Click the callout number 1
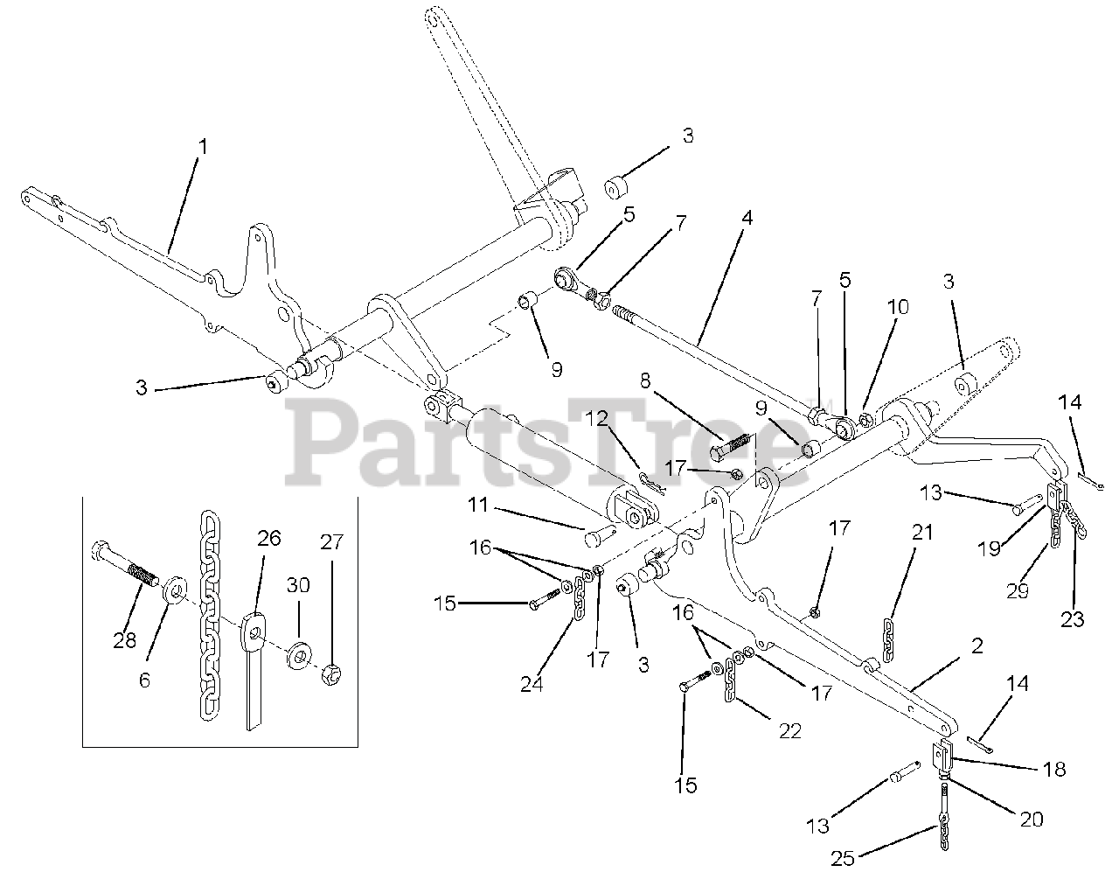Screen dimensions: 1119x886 [x=203, y=147]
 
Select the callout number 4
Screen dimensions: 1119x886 [x=747, y=218]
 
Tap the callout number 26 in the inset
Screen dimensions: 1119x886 [x=269, y=539]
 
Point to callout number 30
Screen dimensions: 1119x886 [x=298, y=586]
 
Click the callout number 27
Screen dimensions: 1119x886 [x=331, y=542]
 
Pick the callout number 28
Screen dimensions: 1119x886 [x=125, y=640]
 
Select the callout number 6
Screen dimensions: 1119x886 [x=144, y=680]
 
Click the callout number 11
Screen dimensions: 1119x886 [x=478, y=505]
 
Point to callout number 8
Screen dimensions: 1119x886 [x=645, y=381]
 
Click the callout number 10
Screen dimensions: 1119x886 [x=898, y=307]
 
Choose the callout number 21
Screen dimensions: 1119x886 [x=922, y=533]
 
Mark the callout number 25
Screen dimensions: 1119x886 [x=843, y=859]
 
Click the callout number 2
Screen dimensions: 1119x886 [x=977, y=646]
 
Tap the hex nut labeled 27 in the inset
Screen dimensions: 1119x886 [x=331, y=675]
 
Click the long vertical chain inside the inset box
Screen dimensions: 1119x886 [x=210, y=616]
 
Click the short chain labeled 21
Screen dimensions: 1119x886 [x=889, y=640]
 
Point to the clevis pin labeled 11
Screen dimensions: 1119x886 [x=601, y=537]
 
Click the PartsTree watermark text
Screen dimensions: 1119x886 [x=546, y=443]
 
